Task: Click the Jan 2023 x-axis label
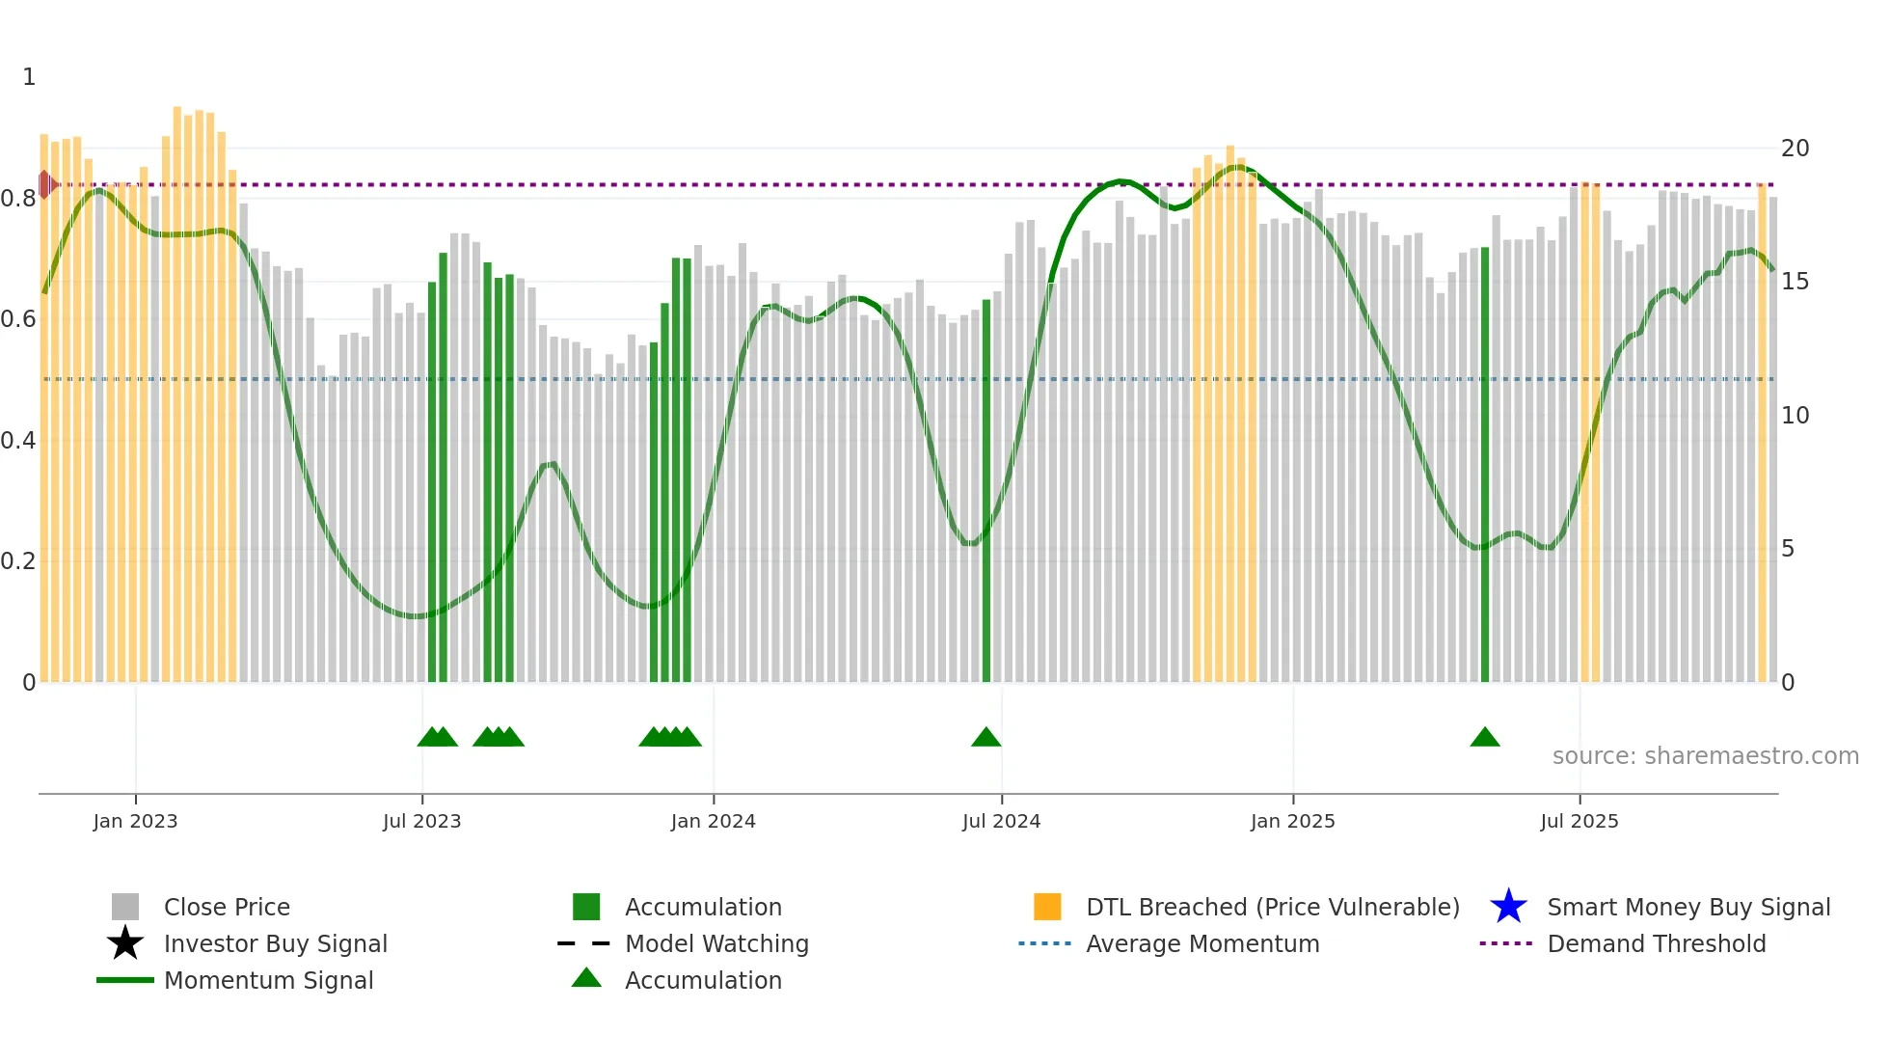pyautogui.click(x=135, y=821)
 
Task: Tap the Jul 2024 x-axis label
pyautogui.click(x=1001, y=821)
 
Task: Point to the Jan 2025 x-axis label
pyautogui.click(x=1292, y=821)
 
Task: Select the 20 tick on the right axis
pyautogui.click(x=1795, y=149)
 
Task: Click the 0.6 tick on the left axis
pyautogui.click(x=18, y=319)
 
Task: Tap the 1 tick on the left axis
pyautogui.click(x=29, y=77)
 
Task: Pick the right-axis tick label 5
pyautogui.click(x=1788, y=549)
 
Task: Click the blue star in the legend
pyautogui.click(x=1508, y=907)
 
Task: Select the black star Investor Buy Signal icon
pyautogui.click(x=125, y=943)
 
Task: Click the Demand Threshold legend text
pyautogui.click(x=1656, y=943)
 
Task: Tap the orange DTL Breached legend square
pyautogui.click(x=1047, y=907)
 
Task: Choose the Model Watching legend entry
pyautogui.click(x=716, y=943)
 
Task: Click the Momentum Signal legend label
pyautogui.click(x=268, y=980)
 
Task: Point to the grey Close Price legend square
pyautogui.click(x=125, y=907)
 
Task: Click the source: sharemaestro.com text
pyautogui.click(x=1705, y=756)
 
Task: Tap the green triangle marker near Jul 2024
pyautogui.click(x=985, y=738)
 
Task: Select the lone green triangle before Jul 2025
pyautogui.click(x=1484, y=738)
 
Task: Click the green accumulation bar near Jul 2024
pyautogui.click(x=985, y=492)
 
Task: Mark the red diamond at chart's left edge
pyautogui.click(x=45, y=184)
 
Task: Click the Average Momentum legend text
pyautogui.click(x=1201, y=943)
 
